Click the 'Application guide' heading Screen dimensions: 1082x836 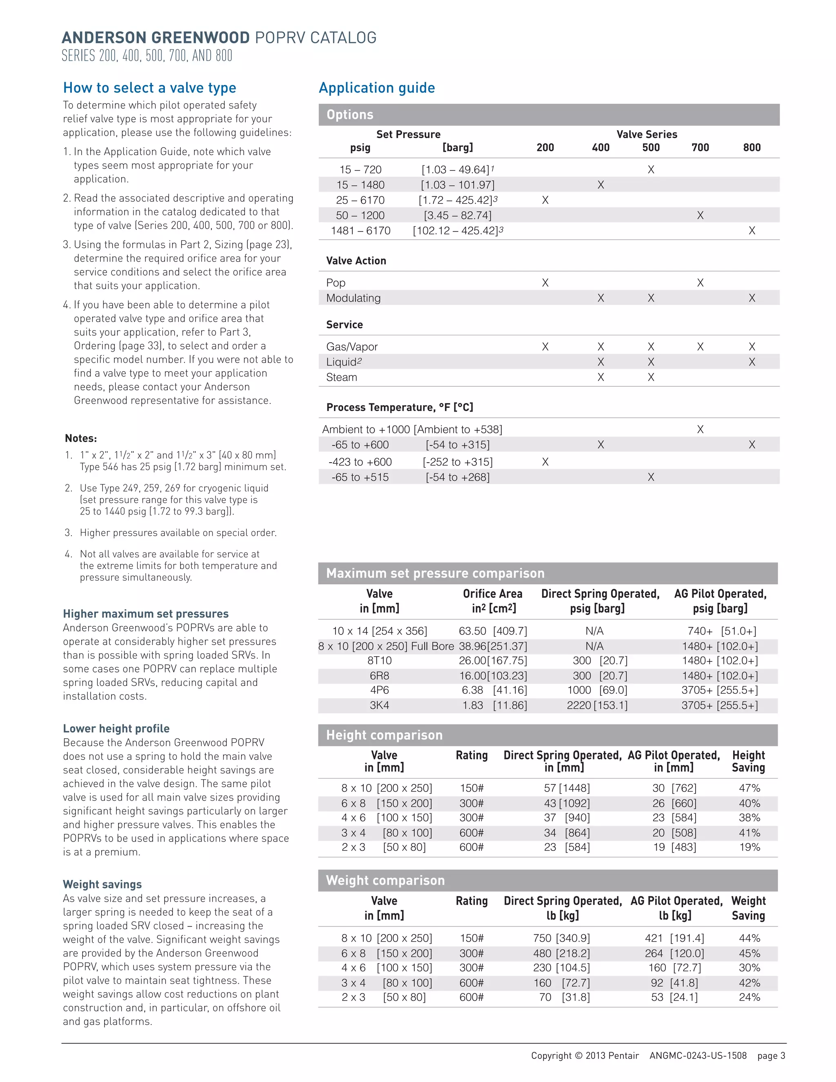pyautogui.click(x=376, y=88)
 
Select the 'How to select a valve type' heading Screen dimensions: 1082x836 pyautogui.click(x=149, y=88)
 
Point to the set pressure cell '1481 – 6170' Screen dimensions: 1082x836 pyautogui.click(x=360, y=230)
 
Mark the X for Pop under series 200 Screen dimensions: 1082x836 pyautogui.click(x=545, y=283)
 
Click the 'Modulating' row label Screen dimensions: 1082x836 pyautogui.click(x=353, y=298)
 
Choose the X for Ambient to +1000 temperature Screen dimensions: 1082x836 pyautogui.click(x=700, y=429)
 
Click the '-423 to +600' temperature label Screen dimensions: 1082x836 pyautogui.click(x=360, y=462)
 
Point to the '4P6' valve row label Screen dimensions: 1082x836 pyautogui.click(x=379, y=690)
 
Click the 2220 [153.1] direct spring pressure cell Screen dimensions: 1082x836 pyautogui.click(x=597, y=705)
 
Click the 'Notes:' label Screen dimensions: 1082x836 pyautogui.click(x=81, y=438)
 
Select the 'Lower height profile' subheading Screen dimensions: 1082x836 pyautogui.click(x=116, y=728)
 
